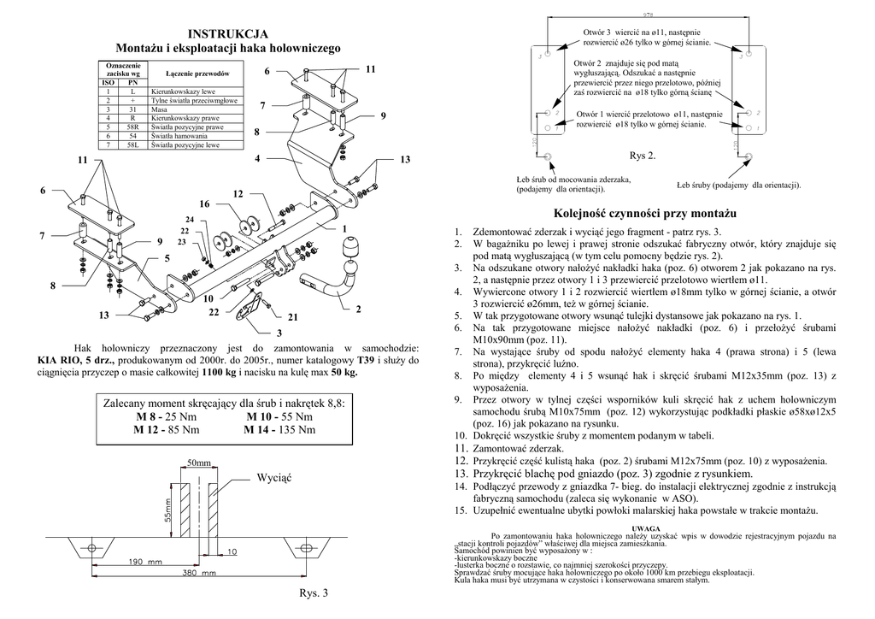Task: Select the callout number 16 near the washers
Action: (x=204, y=205)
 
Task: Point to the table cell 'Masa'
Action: (x=157, y=110)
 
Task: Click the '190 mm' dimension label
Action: (x=146, y=562)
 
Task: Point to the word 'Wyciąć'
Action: (x=274, y=477)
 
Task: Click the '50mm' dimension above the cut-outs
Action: (x=198, y=463)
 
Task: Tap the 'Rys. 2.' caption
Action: (x=643, y=156)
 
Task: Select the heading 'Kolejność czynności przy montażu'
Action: (x=643, y=213)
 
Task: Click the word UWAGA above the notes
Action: (x=643, y=528)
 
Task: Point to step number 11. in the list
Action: (x=459, y=448)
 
